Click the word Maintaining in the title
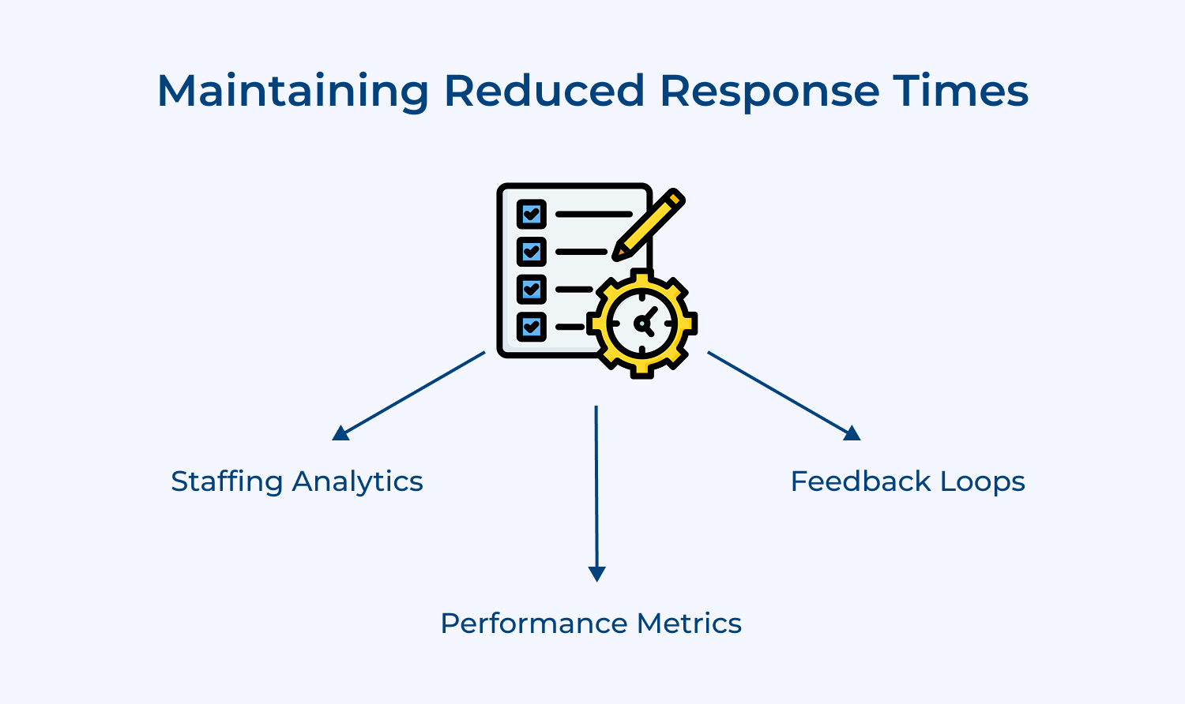click(292, 92)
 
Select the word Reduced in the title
click(544, 91)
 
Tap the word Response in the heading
click(769, 92)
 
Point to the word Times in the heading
click(961, 91)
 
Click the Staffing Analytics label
click(297, 481)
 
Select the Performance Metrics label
click(591, 623)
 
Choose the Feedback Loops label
click(908, 481)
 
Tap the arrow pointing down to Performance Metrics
click(596, 489)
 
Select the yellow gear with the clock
click(641, 324)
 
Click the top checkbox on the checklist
click(532, 214)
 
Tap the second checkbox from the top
click(532, 252)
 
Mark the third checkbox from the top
click(532, 289)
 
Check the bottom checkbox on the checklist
click(532, 326)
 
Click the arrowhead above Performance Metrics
click(597, 574)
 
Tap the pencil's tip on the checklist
click(617, 255)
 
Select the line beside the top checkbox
click(593, 214)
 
